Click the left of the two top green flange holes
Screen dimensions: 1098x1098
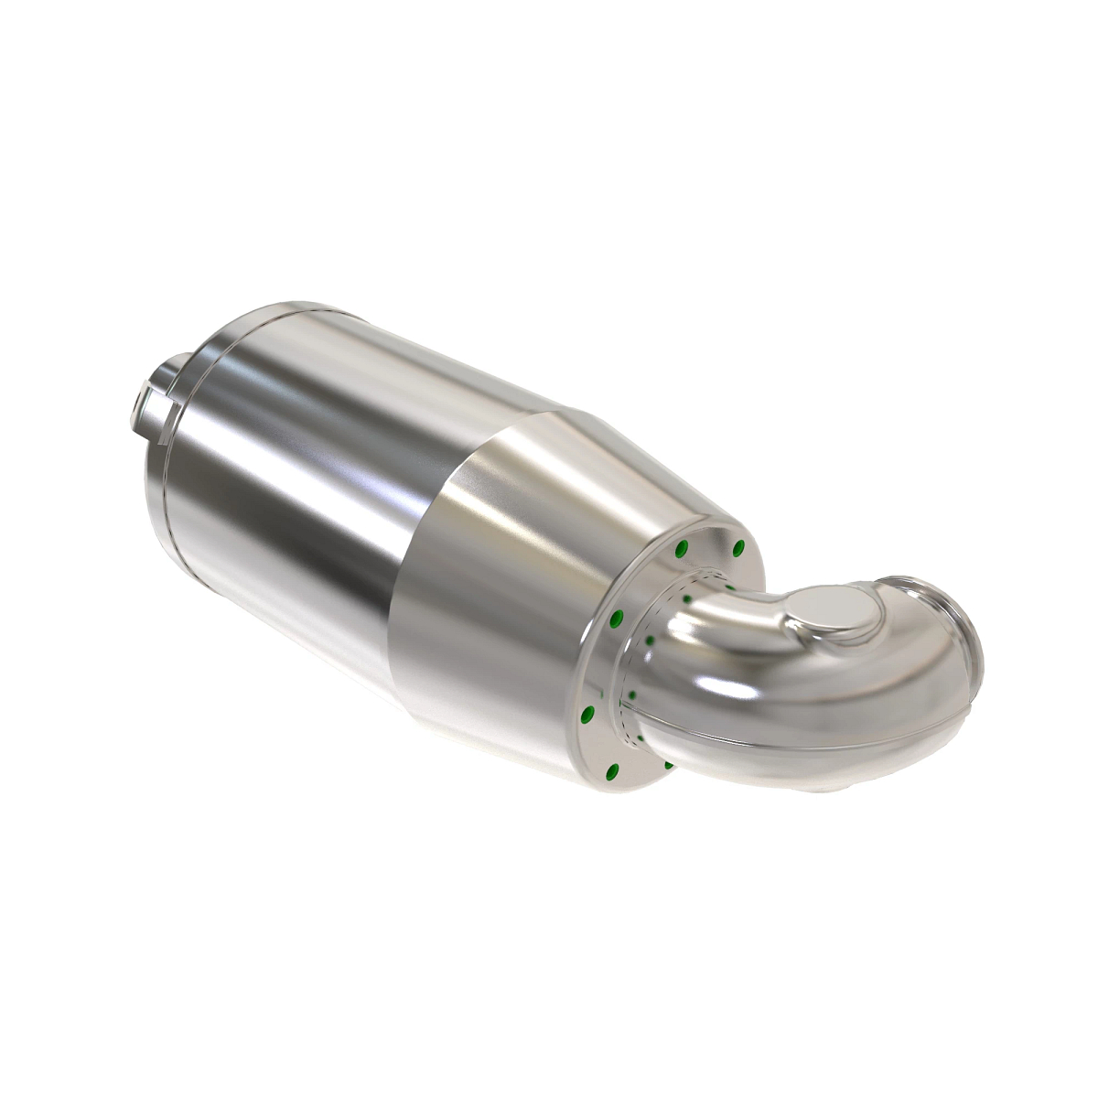point(681,549)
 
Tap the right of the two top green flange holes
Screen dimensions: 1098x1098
point(739,549)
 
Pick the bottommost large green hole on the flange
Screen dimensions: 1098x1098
point(614,769)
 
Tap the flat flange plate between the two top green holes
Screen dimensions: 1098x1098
point(711,545)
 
